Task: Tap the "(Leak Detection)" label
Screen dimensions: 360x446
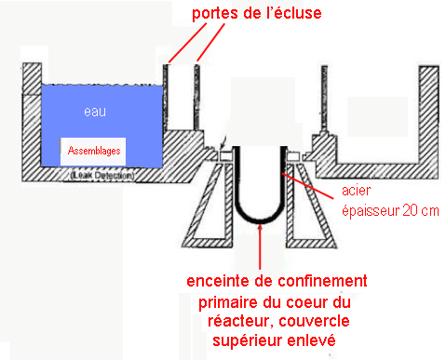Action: (96, 175)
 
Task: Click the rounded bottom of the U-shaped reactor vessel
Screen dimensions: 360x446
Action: (257, 219)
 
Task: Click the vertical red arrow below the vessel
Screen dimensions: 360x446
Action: (258, 247)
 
